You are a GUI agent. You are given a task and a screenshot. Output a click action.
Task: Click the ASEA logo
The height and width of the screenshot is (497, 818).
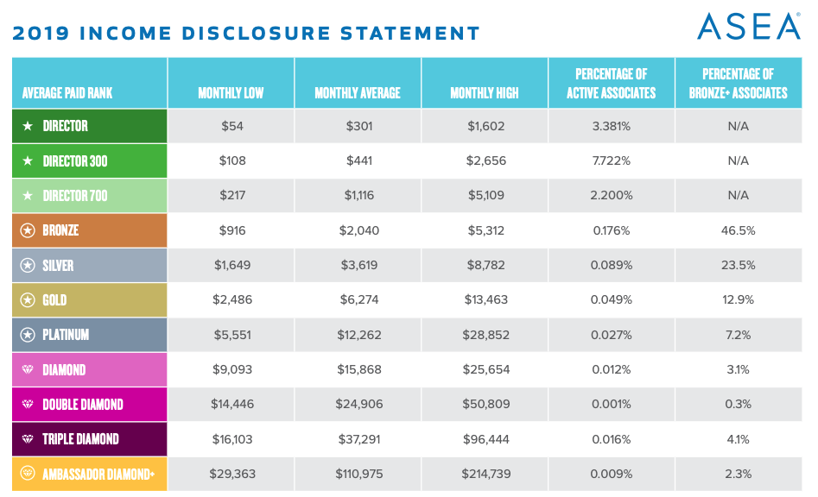point(748,26)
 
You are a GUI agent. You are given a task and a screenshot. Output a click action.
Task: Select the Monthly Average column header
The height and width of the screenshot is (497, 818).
point(358,92)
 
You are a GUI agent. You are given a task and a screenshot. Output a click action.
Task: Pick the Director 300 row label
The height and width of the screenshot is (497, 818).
point(75,160)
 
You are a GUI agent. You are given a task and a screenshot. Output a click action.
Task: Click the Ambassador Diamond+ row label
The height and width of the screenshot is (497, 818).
point(97,474)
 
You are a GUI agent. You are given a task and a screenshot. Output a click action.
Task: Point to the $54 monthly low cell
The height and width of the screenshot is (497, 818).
point(231,126)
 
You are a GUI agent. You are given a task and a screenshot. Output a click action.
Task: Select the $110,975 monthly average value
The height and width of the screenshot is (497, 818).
point(358,474)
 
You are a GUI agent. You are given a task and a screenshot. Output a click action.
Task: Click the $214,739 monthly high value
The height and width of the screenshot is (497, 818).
point(485,474)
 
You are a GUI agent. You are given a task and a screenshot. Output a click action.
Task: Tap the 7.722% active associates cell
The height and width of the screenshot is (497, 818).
point(611,160)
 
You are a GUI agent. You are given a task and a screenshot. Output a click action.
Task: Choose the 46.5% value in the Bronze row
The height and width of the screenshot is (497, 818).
point(739,230)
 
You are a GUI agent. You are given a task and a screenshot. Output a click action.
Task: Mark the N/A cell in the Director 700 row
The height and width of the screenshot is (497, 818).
point(739,196)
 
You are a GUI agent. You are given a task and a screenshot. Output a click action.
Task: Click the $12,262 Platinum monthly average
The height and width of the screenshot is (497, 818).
point(358,335)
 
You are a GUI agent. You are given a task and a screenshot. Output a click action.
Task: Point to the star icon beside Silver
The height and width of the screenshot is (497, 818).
point(28,265)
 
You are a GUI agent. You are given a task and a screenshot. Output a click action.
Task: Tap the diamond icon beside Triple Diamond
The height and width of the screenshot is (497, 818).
point(28,439)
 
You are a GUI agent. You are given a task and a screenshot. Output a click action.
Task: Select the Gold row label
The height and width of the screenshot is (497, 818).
point(54,300)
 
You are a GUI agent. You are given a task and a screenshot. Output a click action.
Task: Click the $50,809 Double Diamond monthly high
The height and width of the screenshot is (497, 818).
point(485,405)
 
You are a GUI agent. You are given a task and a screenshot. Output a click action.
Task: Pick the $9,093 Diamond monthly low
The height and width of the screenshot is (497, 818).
point(231,369)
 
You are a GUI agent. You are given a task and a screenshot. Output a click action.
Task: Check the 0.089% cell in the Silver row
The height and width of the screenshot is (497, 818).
point(611,265)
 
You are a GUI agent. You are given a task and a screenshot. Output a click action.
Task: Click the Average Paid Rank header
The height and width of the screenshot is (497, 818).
point(67,92)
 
